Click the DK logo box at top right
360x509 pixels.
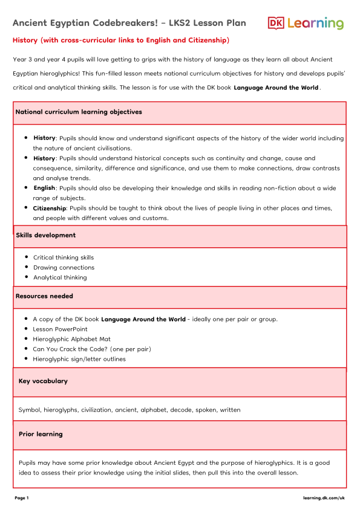click(276, 23)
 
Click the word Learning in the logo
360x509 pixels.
click(315, 24)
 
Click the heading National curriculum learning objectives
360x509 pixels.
click(79, 112)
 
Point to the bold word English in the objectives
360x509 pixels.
click(44, 188)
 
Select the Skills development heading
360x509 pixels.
click(45, 235)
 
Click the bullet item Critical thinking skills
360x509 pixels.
click(64, 258)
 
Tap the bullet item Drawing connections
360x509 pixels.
click(64, 267)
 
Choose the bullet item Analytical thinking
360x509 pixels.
click(60, 277)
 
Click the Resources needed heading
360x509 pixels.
click(44, 296)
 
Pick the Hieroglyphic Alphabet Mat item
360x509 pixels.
click(72, 339)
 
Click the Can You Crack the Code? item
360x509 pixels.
click(92, 349)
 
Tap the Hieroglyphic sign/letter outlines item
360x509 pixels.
click(79, 359)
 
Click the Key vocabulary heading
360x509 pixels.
click(43, 381)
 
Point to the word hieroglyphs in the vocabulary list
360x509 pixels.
click(61, 410)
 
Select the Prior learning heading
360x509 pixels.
click(41, 434)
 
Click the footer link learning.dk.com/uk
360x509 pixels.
click(324, 498)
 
